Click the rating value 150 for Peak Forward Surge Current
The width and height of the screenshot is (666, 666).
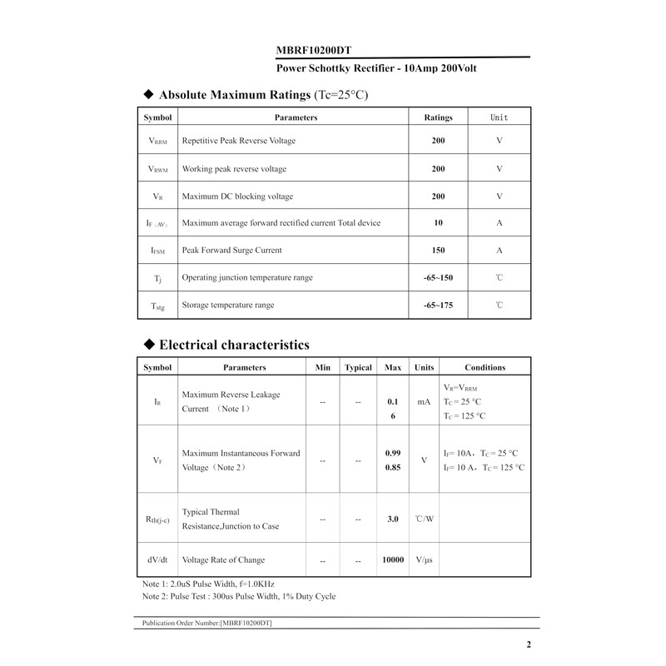coord(438,250)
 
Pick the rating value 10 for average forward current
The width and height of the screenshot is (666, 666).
coord(438,222)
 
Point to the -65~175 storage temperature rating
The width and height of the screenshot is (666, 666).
coord(438,306)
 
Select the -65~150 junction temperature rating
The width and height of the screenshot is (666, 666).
coord(438,277)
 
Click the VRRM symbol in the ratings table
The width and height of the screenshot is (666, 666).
coord(157,141)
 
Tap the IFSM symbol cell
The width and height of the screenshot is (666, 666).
coord(157,250)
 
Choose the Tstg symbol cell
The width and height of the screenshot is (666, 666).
coord(157,306)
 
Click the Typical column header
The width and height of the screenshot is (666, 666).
coord(358,367)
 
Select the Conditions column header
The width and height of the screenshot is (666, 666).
coord(485,367)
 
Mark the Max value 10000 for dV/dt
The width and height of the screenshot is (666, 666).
coord(393,560)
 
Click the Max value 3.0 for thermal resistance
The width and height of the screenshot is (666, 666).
coord(393,519)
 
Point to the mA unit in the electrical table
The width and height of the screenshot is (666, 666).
coord(424,401)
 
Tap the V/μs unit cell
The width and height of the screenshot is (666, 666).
coord(424,560)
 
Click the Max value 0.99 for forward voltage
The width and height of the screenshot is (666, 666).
coord(393,453)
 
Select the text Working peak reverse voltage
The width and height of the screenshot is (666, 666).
coord(234,169)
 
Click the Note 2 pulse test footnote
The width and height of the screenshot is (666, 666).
coord(239,596)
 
